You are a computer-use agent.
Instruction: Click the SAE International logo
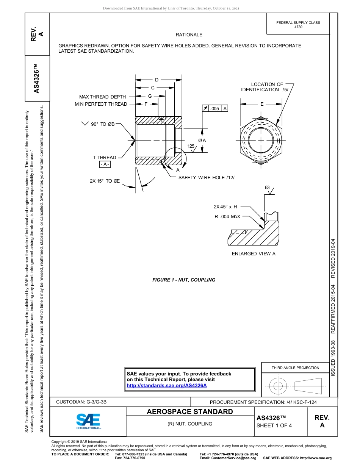point(88,421)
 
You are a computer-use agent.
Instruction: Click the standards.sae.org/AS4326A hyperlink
point(167,385)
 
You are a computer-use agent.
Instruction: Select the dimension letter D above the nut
point(157,80)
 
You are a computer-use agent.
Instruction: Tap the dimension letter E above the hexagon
point(262,104)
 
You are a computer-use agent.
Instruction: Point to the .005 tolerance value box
point(214,109)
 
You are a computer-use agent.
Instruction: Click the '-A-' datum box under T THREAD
point(105,164)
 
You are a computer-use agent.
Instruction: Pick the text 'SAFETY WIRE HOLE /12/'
point(206,177)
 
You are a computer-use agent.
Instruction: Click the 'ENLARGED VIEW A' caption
point(254,253)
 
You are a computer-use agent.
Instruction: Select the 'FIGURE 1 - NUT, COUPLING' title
point(184,280)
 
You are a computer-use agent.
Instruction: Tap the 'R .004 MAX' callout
point(227,217)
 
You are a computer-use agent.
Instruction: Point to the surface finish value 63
point(267,188)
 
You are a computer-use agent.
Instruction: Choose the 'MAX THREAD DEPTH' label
point(102,97)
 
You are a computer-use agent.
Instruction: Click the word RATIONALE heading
point(189,35)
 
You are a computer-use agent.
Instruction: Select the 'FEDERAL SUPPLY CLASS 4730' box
point(298,25)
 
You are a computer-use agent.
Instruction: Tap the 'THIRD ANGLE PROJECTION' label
point(295,367)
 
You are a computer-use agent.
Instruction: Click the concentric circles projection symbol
point(278,386)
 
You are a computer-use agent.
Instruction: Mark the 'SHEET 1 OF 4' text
point(274,425)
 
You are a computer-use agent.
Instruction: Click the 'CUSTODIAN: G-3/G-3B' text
point(81,402)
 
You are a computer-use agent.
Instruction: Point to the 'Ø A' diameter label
point(202,141)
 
